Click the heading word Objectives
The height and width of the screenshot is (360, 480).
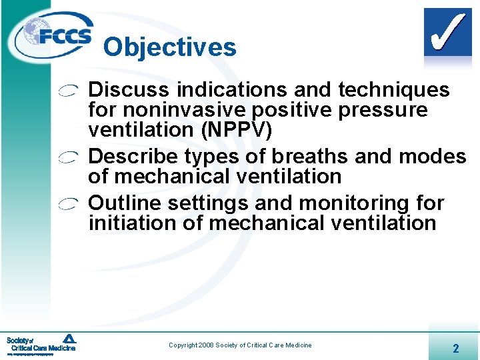(x=169, y=47)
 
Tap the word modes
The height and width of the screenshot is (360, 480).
(x=433, y=156)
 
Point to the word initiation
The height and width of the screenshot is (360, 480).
(x=133, y=223)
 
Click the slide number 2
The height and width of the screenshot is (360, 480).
(x=455, y=348)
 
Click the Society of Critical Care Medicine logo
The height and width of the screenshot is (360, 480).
(x=41, y=343)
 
